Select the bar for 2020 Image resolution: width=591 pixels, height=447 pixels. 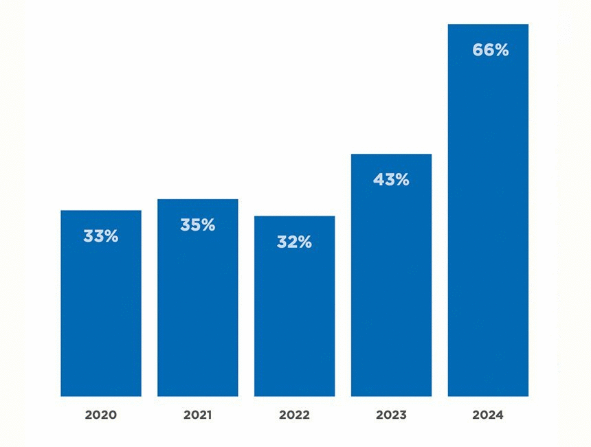tap(101, 316)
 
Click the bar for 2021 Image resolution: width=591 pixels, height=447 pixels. tap(198, 309)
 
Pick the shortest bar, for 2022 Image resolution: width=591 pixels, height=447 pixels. tap(295, 319)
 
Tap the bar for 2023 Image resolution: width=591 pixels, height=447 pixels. tap(391, 288)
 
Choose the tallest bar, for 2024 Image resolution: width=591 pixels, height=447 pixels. tap(488, 227)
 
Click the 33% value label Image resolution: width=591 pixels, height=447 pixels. tap(101, 236)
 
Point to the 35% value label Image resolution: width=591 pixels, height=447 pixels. tap(198, 225)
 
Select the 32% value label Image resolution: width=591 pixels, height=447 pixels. tap(295, 242)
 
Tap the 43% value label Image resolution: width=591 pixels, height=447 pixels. tap(391, 180)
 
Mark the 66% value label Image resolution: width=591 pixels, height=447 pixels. tap(490, 50)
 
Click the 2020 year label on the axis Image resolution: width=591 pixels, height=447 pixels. tap(101, 415)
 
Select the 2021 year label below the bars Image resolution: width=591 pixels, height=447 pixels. tap(198, 415)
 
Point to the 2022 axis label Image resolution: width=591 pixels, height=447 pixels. tap(295, 415)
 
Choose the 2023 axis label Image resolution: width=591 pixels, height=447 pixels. tap(391, 415)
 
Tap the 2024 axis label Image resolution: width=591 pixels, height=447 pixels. tap(488, 415)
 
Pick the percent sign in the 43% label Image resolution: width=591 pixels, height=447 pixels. tap(401, 180)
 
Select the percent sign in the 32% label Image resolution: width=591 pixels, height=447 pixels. tap(304, 242)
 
